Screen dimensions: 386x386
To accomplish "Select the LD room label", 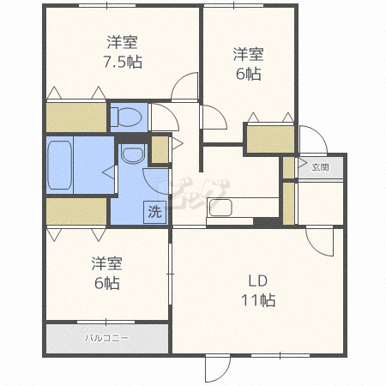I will pos(256,280).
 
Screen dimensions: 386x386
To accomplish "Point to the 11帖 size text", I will pos(257,300).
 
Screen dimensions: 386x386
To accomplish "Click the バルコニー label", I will pos(107,337).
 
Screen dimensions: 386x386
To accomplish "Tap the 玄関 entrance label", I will pos(320,166).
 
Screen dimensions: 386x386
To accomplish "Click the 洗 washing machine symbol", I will pos(154,211).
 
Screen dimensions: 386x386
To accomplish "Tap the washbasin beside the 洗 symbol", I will pos(131,155).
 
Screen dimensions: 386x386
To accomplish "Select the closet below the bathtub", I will pos(75,210).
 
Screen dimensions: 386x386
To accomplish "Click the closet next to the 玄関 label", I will pos(288,190).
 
